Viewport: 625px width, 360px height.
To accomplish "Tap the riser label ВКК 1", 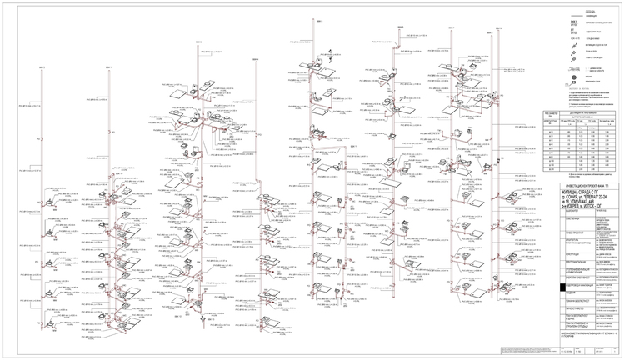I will pos(41,67).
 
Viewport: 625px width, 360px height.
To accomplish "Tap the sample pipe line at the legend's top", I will pos(572,19).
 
